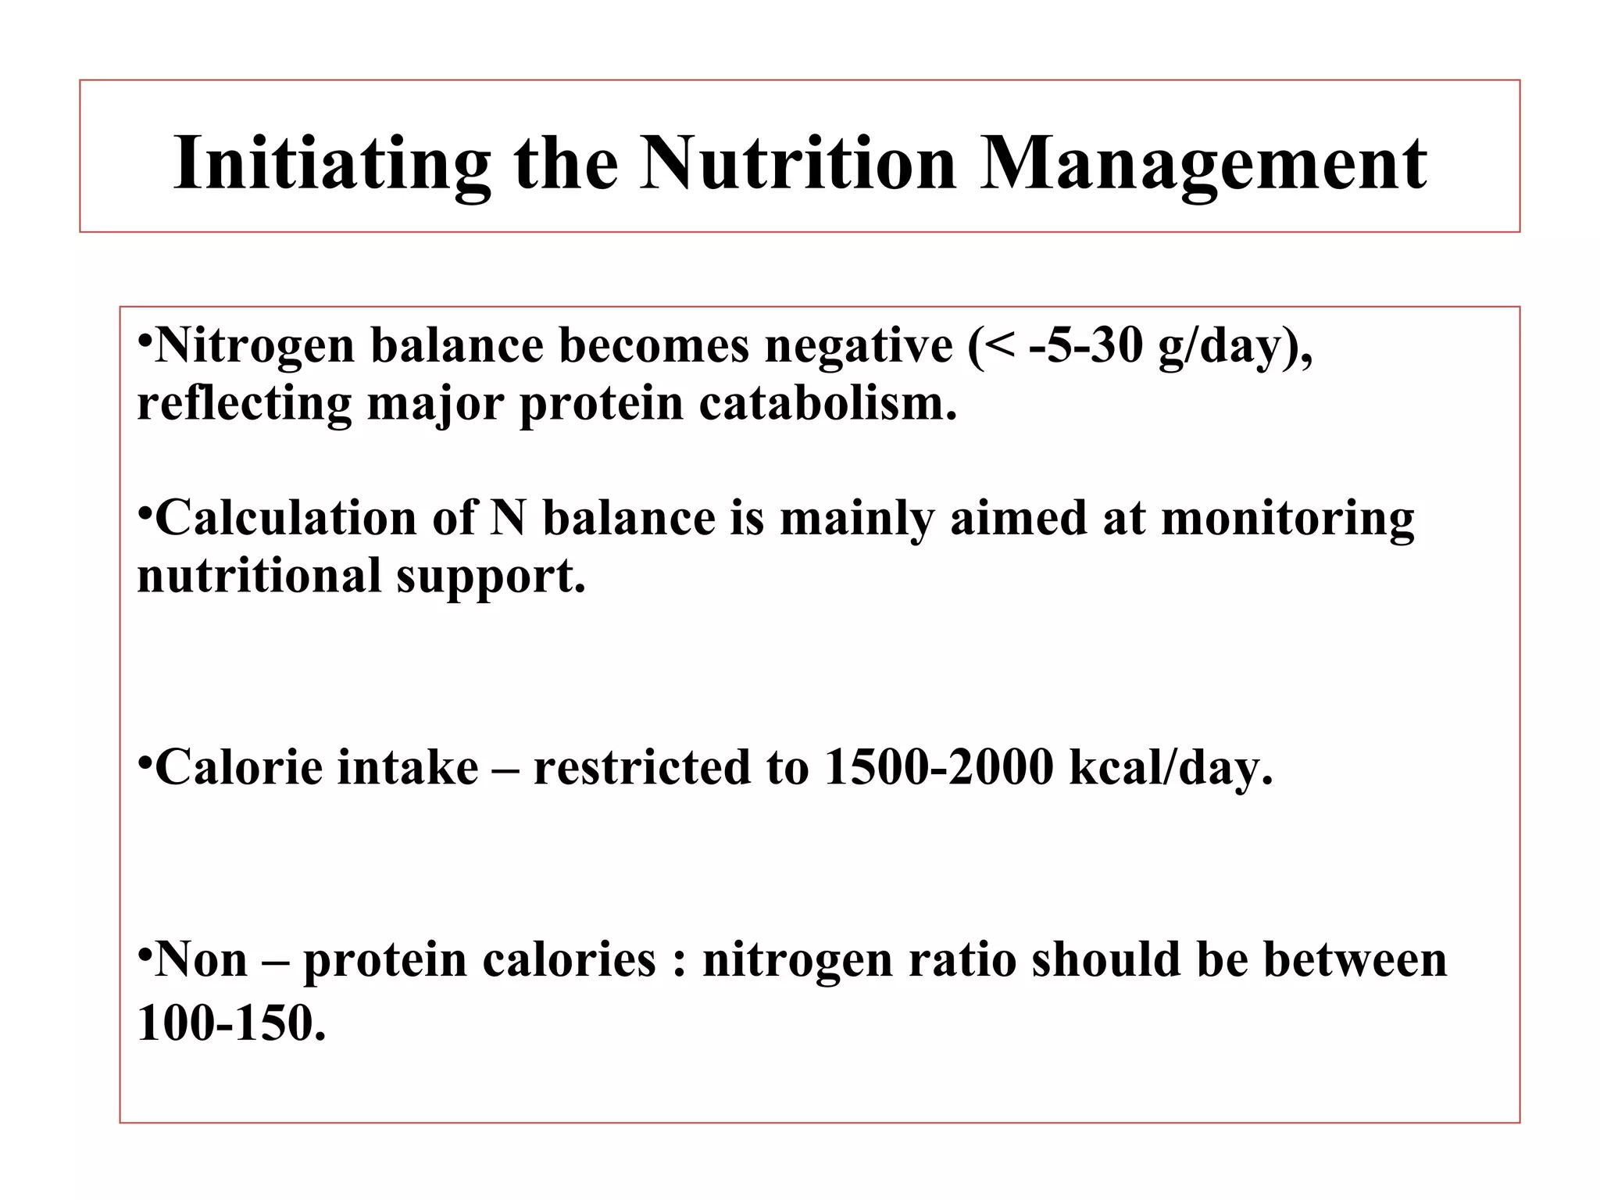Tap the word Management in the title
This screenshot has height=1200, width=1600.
click(x=1203, y=162)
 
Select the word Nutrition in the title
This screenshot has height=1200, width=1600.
click(x=798, y=162)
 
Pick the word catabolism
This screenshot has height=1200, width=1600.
click(x=827, y=403)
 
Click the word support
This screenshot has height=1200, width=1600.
click(x=490, y=575)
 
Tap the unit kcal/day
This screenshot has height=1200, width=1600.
click(x=1170, y=766)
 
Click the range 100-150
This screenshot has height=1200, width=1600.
click(x=230, y=1022)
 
